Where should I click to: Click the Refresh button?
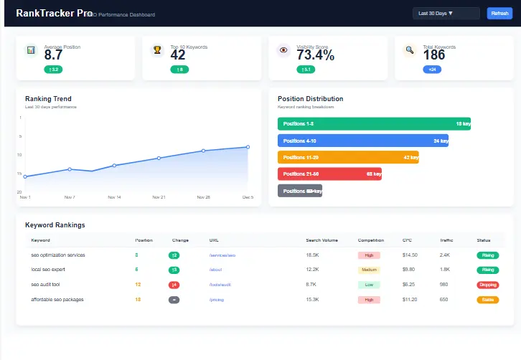(499, 13)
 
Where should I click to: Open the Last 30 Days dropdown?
(446, 13)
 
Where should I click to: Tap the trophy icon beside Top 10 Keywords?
(157, 50)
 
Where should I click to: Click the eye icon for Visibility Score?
(283, 50)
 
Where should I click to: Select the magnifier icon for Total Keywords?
(410, 50)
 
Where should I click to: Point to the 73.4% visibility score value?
(315, 55)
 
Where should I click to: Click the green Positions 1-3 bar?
(374, 123)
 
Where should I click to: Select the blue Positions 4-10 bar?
(362, 141)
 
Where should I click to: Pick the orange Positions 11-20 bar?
(347, 157)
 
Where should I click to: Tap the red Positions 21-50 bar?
(329, 174)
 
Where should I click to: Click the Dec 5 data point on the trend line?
(248, 147)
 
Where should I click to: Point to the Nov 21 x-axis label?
(159, 196)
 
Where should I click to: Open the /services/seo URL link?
(222, 255)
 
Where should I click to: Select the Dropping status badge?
(487, 285)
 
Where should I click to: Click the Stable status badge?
(487, 300)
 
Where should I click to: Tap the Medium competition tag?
(369, 270)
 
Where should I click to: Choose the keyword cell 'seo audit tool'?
(46, 285)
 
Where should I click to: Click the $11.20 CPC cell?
(410, 300)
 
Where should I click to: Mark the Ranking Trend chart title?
(48, 99)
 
